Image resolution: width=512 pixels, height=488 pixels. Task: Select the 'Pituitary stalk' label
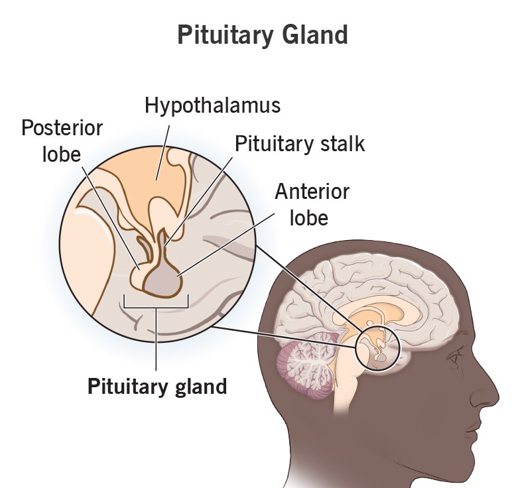(x=300, y=143)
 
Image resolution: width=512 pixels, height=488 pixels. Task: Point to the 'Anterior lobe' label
(x=311, y=204)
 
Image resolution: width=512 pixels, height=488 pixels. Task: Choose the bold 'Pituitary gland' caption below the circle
(x=157, y=386)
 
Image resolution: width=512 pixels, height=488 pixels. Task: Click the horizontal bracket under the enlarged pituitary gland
(x=157, y=306)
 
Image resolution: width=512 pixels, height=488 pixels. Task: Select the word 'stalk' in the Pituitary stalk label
(x=342, y=143)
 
